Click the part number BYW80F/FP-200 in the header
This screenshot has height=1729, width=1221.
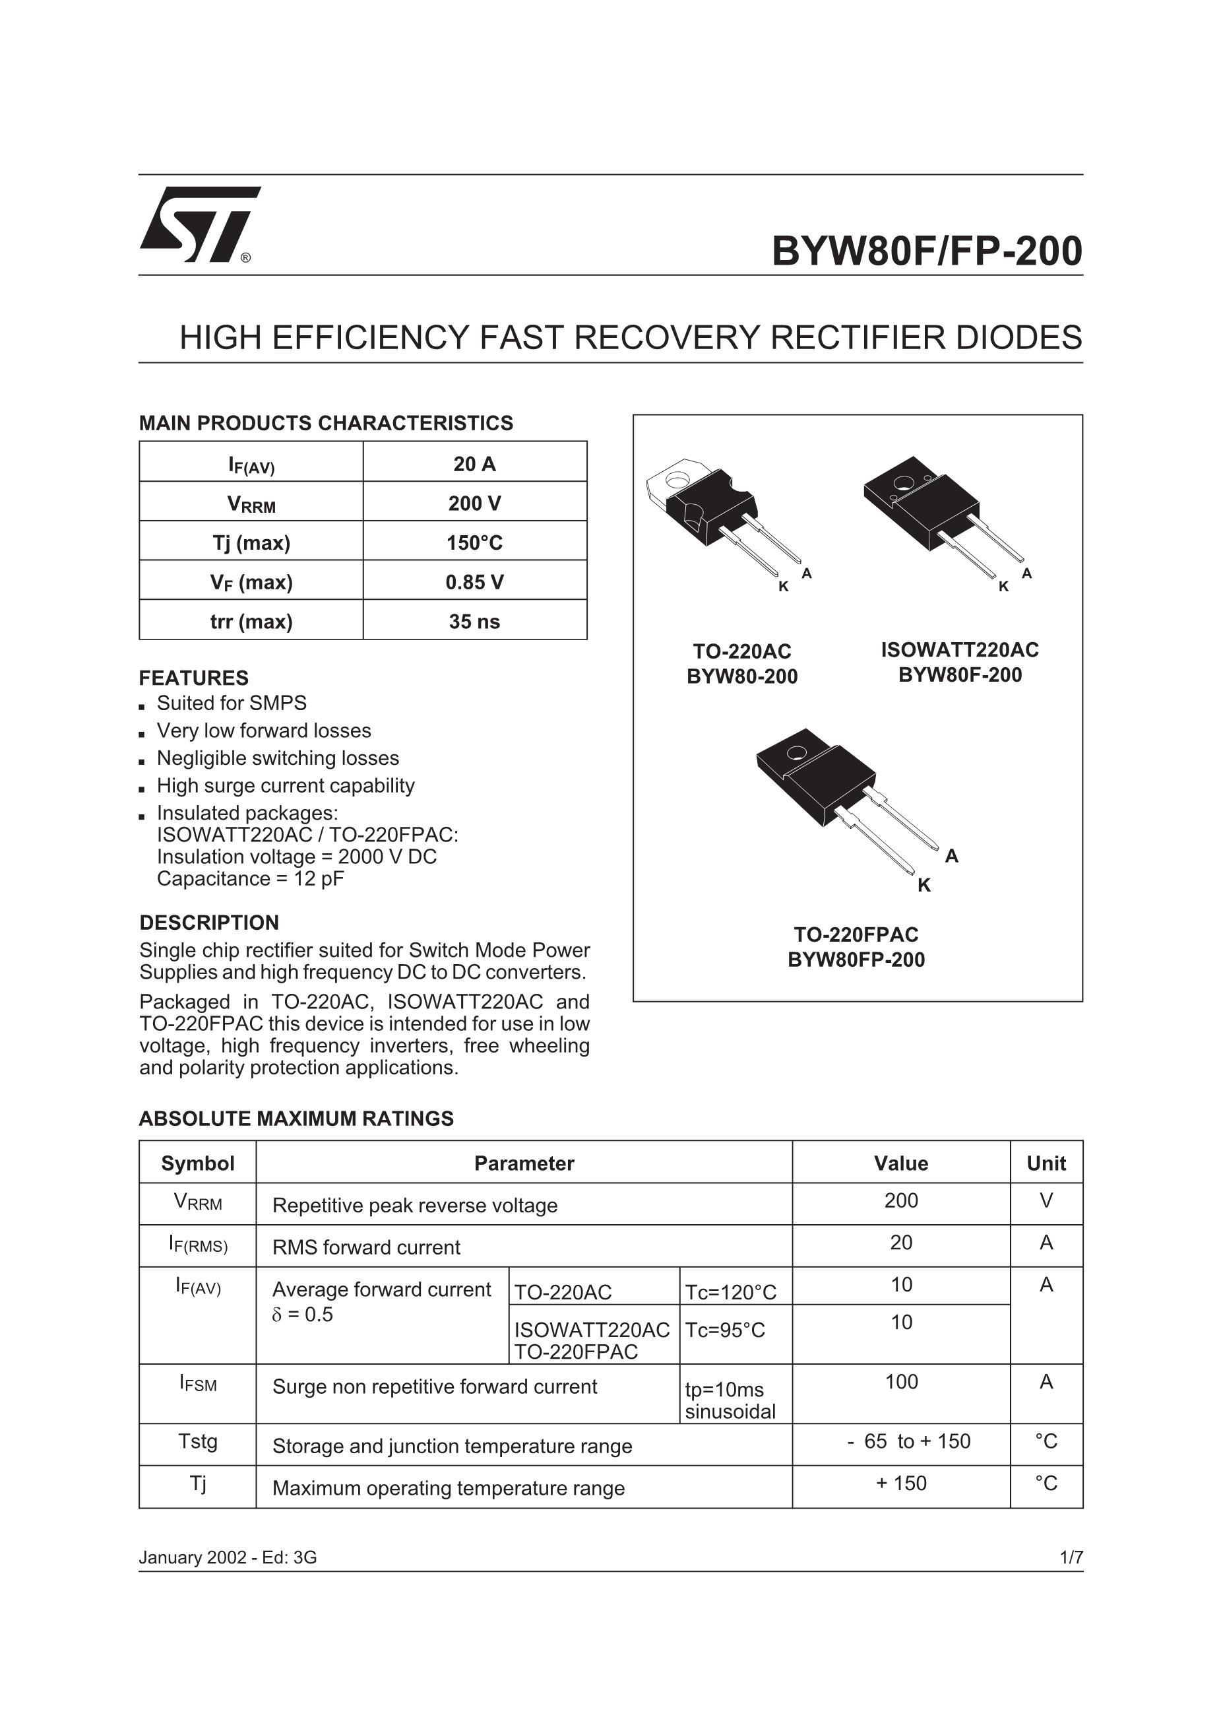pos(926,251)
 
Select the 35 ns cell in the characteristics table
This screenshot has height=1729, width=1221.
pos(474,621)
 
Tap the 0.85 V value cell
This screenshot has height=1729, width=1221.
pos(474,582)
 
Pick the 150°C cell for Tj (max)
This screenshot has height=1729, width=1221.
pos(474,542)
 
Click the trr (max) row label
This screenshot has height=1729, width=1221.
pos(251,621)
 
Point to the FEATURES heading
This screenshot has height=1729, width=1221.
pos(193,678)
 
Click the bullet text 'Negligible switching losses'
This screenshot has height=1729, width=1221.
pos(278,758)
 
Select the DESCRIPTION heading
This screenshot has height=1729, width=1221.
pos(208,923)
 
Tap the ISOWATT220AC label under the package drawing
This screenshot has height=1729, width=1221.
pos(960,650)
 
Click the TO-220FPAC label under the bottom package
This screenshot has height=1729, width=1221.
pos(856,934)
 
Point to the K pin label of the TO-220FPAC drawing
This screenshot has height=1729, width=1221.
pos(924,886)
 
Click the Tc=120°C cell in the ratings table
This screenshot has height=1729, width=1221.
pos(730,1293)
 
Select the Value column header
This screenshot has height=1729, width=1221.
pos(900,1163)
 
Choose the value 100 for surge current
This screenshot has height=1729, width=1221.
pos(901,1382)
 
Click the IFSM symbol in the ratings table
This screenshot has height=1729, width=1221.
pos(197,1383)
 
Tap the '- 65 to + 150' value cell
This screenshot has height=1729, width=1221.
pos(908,1441)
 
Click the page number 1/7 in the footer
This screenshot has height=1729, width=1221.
pos(1071,1557)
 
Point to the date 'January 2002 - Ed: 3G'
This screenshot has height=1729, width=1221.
pos(228,1557)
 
